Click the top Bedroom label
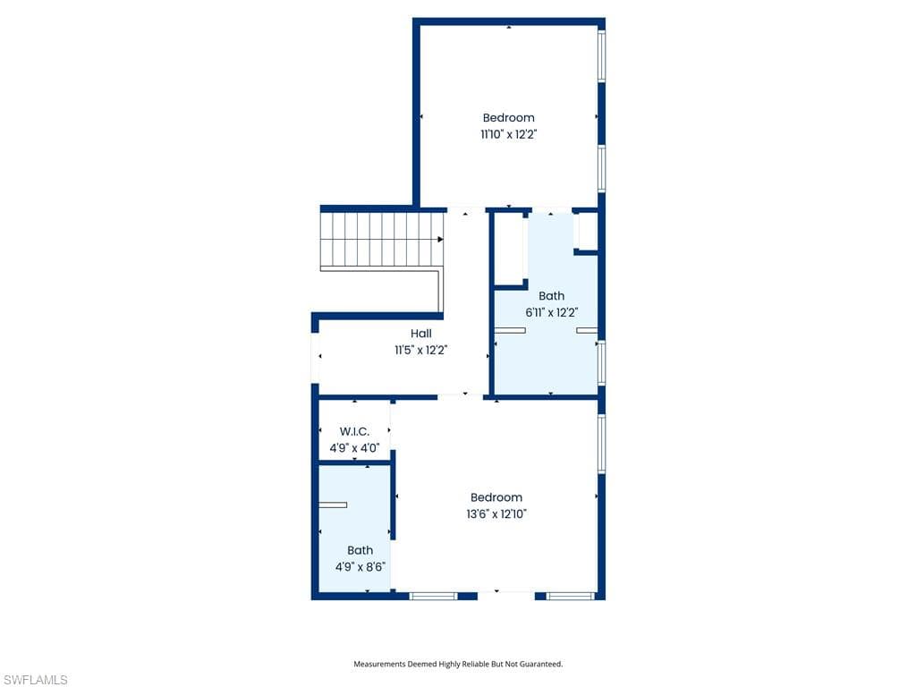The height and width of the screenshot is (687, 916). click(x=508, y=117)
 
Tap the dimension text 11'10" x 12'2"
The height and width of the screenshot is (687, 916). click(x=508, y=134)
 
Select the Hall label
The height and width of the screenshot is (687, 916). click(x=420, y=334)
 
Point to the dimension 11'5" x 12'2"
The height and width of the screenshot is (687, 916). click(x=420, y=351)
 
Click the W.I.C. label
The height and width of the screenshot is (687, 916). click(x=354, y=431)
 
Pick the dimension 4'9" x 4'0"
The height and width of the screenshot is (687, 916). click(x=354, y=447)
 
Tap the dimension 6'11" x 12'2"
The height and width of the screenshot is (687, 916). click(x=551, y=313)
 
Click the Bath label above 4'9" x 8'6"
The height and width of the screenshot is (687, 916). click(x=360, y=550)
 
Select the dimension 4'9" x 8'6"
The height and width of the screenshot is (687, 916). click(x=360, y=566)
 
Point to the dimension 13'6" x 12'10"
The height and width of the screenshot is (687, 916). click(x=496, y=514)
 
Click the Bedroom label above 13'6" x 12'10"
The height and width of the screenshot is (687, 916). click(x=496, y=497)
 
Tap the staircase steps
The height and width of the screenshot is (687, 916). click(x=381, y=239)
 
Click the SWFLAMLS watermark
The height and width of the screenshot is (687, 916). click(x=35, y=681)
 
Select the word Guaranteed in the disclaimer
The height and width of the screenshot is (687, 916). click(x=539, y=664)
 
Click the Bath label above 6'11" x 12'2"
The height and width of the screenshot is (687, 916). click(x=551, y=296)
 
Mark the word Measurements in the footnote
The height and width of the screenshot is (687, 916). click(x=379, y=664)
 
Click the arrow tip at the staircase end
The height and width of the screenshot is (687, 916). click(x=441, y=239)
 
